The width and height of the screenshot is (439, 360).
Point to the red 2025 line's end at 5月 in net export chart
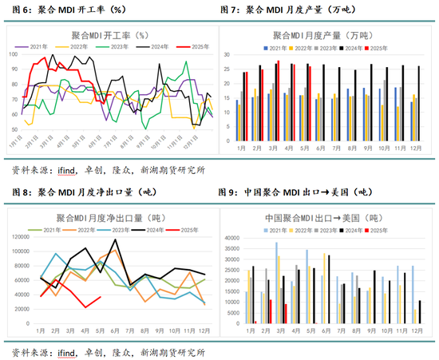tap(100, 297)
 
